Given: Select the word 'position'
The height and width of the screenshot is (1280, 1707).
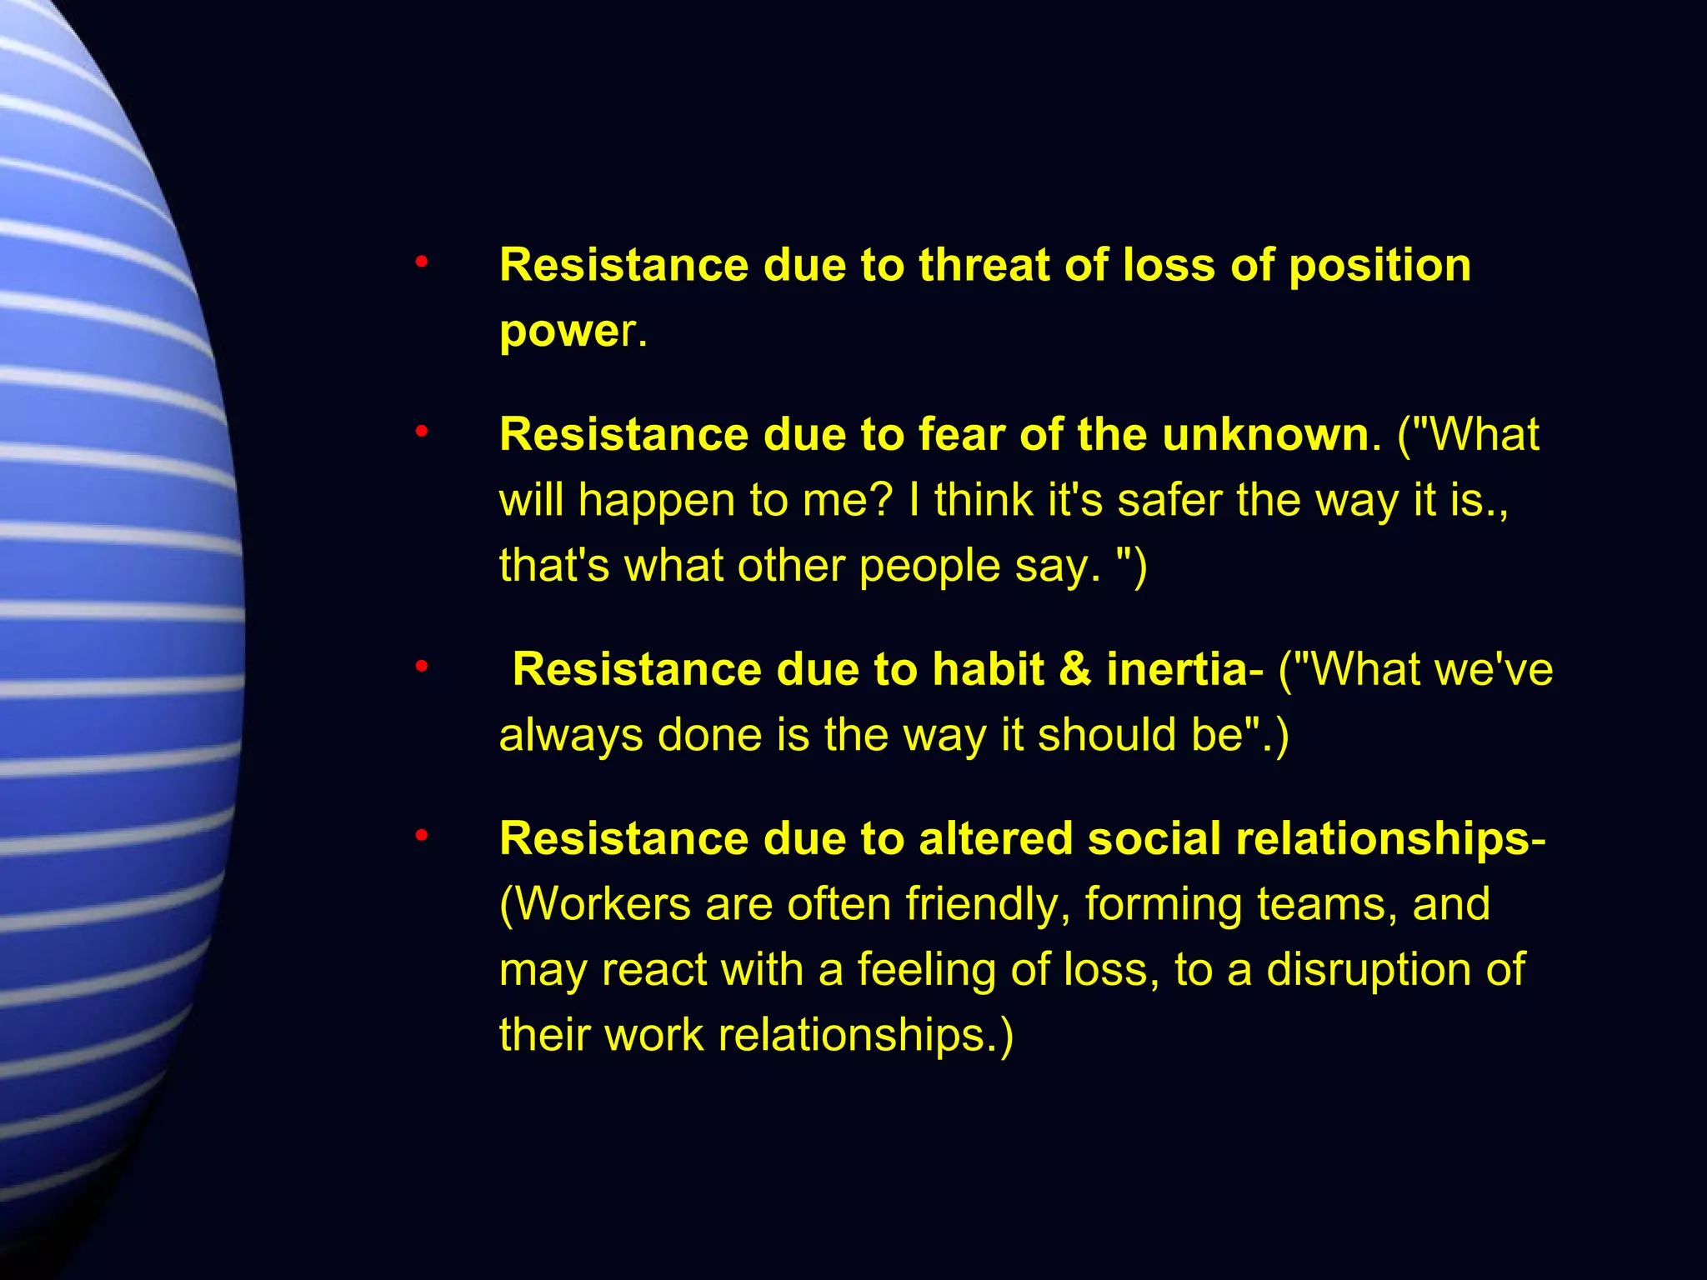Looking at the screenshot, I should [1379, 267].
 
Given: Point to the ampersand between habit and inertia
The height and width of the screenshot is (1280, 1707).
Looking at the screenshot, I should [1075, 669].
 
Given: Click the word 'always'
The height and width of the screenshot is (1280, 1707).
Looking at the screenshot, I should [571, 736].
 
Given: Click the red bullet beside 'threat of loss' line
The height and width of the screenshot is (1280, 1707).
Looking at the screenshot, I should [422, 263].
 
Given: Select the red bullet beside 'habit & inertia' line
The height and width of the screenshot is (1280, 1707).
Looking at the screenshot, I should [422, 667].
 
